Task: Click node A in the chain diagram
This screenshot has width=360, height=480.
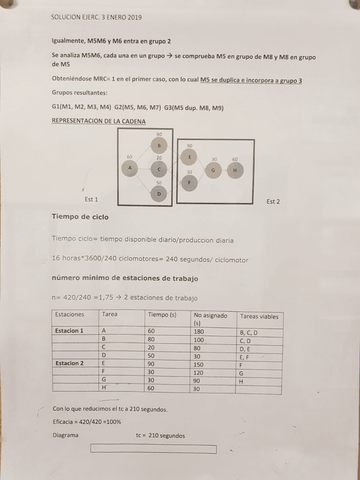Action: tap(130, 168)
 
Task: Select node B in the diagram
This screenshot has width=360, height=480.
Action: tap(159, 145)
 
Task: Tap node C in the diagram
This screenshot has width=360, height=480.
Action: tap(159, 169)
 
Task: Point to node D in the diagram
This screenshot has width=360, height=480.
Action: tap(159, 194)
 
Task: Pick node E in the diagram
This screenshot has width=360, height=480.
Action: tap(189, 157)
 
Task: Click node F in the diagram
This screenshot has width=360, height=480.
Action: tap(189, 182)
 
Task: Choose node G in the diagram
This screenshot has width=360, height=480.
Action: tap(213, 170)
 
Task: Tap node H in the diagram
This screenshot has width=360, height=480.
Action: tap(234, 170)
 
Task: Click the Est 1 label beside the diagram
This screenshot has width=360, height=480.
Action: tap(91, 200)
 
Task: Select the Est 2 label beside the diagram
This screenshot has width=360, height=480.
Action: tap(273, 202)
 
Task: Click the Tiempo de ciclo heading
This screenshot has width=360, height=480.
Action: tap(80, 217)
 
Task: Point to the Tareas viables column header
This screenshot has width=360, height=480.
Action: tap(259, 316)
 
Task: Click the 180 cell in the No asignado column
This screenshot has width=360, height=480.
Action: tap(199, 331)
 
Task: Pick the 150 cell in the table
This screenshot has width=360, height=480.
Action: tap(199, 364)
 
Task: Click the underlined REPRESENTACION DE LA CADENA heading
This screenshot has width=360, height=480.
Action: tap(98, 121)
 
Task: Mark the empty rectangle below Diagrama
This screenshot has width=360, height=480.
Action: tap(153, 449)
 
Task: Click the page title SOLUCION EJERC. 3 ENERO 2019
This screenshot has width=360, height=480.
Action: tap(96, 18)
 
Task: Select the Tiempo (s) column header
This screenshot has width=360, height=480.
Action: tap(162, 315)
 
